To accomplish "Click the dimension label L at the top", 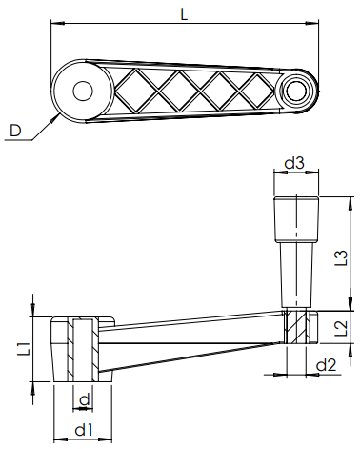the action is (184, 14).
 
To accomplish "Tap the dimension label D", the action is (14, 131).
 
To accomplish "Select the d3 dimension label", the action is (294, 163).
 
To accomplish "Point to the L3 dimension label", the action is (342, 257).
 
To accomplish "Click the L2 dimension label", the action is (342, 328).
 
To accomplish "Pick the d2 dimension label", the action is (326, 365).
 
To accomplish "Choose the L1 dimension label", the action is (26, 349).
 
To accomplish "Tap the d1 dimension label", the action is (84, 430).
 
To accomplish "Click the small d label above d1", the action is (85, 398).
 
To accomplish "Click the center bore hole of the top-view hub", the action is (83, 91).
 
